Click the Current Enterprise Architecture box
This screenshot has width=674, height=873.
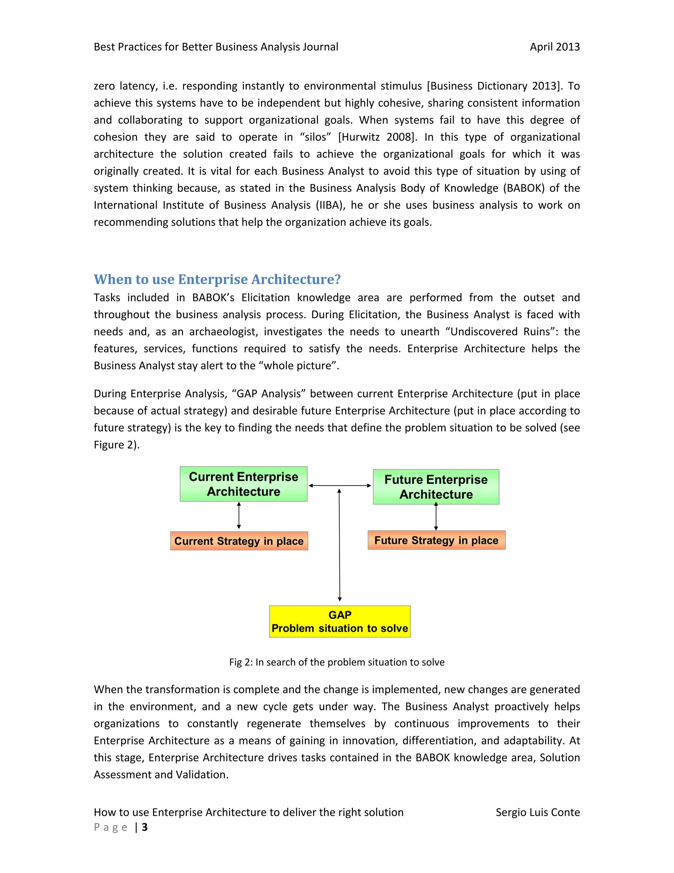(x=243, y=484)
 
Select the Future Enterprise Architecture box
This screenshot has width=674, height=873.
(x=436, y=487)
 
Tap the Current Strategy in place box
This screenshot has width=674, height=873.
(x=239, y=541)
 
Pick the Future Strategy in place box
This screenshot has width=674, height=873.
(x=436, y=540)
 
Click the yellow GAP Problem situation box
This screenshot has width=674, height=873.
(x=339, y=621)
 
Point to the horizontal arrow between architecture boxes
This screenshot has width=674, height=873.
(x=339, y=485)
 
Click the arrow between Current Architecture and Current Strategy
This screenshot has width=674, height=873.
(x=239, y=516)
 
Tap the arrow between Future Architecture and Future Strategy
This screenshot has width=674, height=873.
(x=436, y=517)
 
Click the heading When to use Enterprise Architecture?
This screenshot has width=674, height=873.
(x=217, y=279)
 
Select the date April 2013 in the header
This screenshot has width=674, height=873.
(x=554, y=47)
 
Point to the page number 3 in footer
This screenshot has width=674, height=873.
(x=144, y=827)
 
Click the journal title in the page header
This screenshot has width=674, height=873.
(x=216, y=47)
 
